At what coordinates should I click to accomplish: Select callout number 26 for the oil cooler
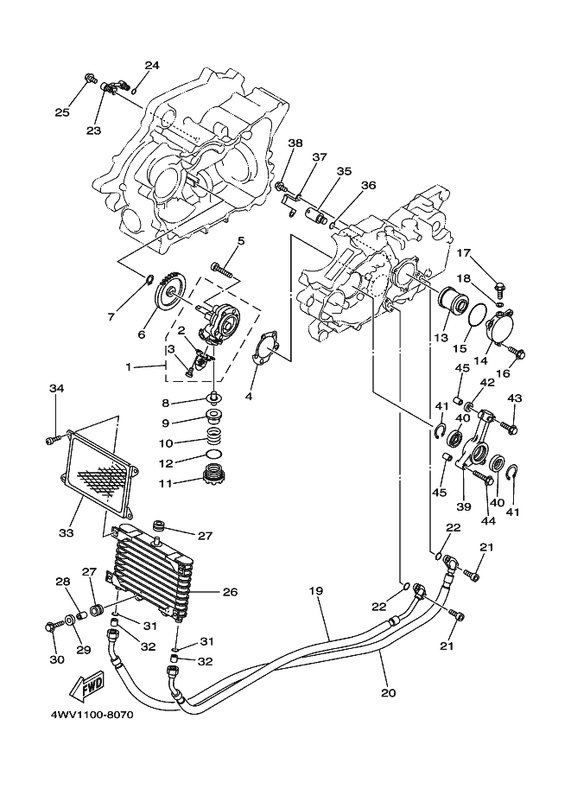coord(230,592)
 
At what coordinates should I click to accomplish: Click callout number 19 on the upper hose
coord(315,591)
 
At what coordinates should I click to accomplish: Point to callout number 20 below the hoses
coord(387,692)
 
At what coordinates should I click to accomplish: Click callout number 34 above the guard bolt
coord(57,389)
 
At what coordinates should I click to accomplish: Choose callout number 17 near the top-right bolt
coord(464,252)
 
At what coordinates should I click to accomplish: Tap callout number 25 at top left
coord(61,111)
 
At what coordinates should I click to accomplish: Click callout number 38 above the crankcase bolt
coord(295,143)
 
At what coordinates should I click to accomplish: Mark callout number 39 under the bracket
coord(464,506)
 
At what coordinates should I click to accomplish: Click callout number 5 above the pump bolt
coord(240,241)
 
